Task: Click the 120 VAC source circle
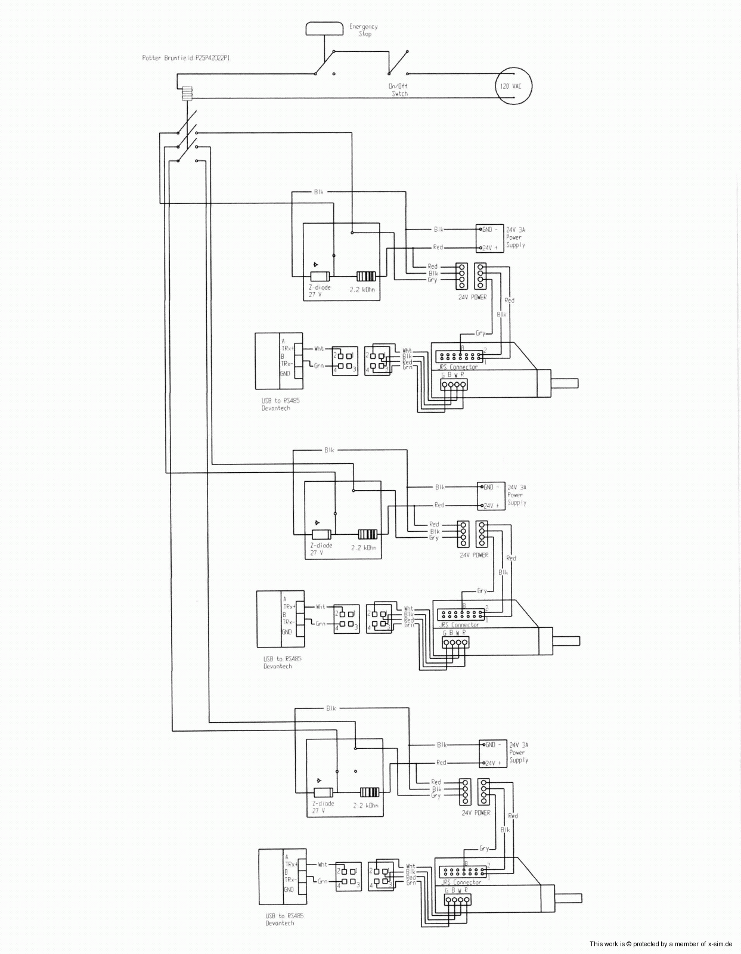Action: pos(513,86)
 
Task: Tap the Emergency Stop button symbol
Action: pos(325,28)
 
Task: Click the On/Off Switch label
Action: pos(399,90)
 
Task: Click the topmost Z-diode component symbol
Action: pos(320,276)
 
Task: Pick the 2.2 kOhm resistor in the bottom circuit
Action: pos(370,792)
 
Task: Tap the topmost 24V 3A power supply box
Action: pos(489,238)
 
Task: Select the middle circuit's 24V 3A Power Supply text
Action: pos(516,495)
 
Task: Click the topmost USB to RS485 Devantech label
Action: pos(280,404)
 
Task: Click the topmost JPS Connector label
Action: pos(458,367)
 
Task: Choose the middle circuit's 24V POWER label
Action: pos(474,555)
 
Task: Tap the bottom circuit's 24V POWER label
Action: pos(476,813)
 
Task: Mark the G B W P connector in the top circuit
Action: pos(454,385)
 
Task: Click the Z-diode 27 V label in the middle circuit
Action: pos(321,549)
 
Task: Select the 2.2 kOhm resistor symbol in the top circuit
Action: pos(366,276)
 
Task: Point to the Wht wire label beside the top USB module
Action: pos(319,349)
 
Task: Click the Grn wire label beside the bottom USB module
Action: pos(323,881)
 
